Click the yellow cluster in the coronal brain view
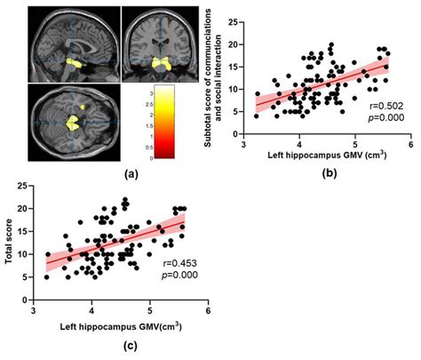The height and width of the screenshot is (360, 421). pyautogui.click(x=162, y=63)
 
